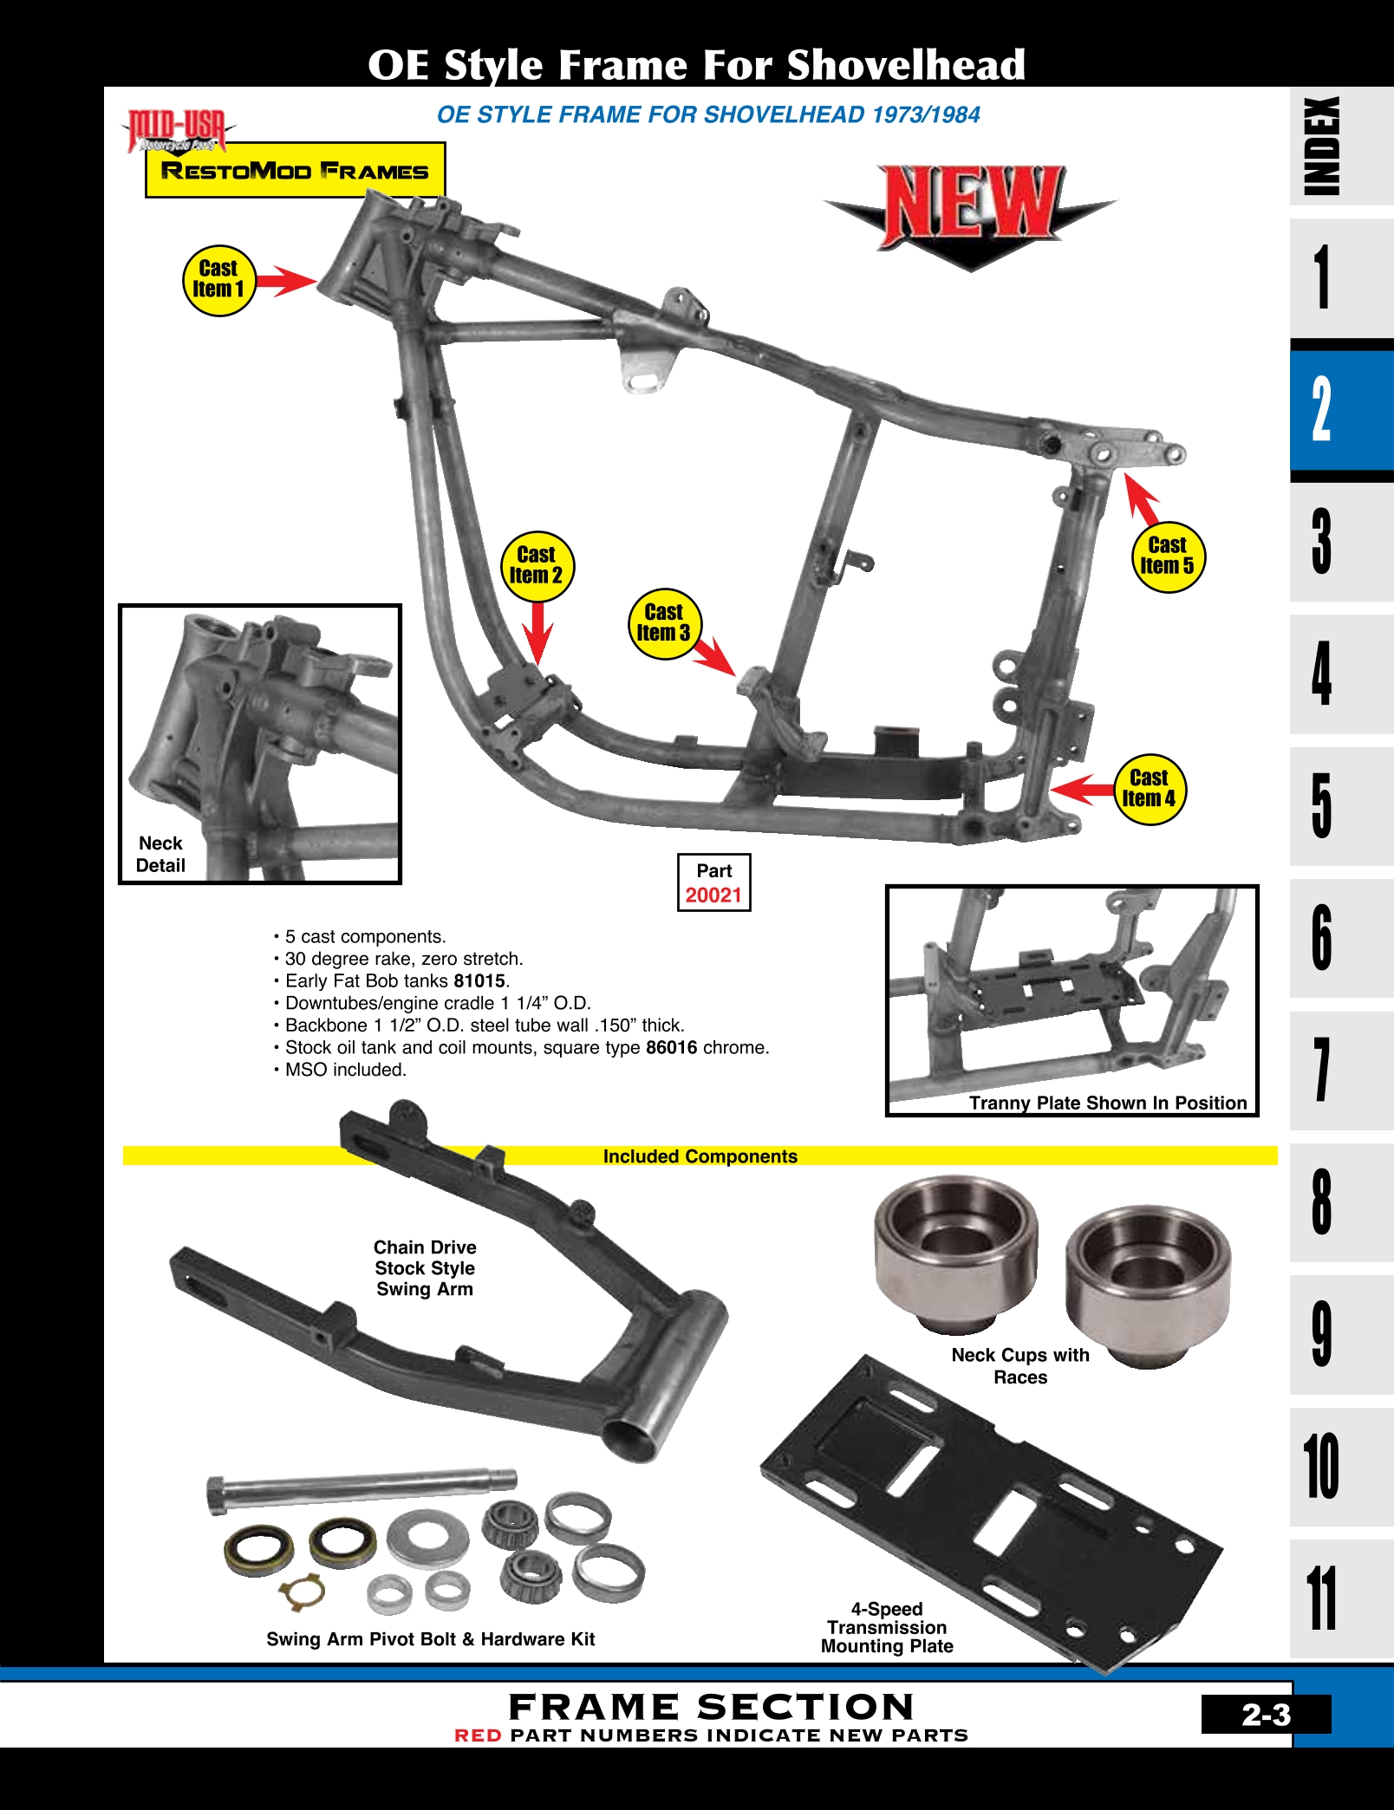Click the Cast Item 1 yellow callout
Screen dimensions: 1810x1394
(x=218, y=280)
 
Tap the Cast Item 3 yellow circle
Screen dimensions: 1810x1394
(x=663, y=623)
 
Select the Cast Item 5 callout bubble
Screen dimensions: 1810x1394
(x=1167, y=556)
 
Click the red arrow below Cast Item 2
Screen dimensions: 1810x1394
(x=537, y=634)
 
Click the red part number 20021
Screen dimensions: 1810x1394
(x=713, y=895)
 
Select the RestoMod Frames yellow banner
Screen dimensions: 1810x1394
(x=295, y=171)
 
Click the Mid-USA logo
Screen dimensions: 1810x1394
(x=178, y=131)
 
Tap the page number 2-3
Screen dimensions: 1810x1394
(x=1265, y=1715)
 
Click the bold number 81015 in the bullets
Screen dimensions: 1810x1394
(x=479, y=981)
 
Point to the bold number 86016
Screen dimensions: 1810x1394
(x=671, y=1047)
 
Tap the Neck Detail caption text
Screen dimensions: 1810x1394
(x=160, y=854)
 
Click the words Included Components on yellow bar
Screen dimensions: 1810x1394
(x=700, y=1156)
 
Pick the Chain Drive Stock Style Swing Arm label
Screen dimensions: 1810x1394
(x=425, y=1267)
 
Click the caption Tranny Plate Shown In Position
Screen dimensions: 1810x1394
(x=1107, y=1103)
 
